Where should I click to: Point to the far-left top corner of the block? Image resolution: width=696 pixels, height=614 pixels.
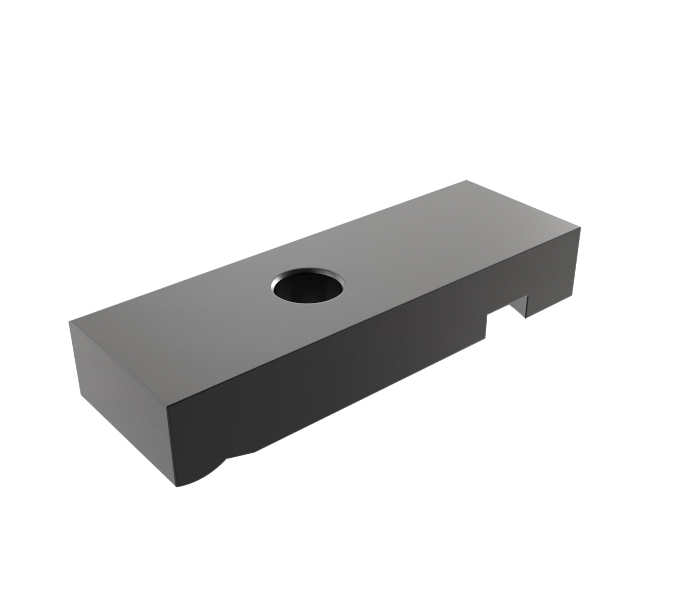coord(69,322)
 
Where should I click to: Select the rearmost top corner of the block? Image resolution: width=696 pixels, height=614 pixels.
coord(466,180)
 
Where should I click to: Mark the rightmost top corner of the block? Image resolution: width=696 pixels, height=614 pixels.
coord(580,228)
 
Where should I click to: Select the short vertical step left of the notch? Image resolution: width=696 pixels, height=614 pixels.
coord(486,327)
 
